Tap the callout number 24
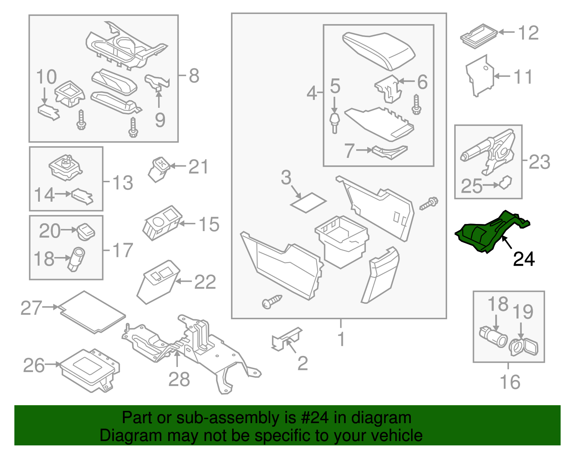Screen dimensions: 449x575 tap(524, 259)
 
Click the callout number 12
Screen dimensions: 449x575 tap(528, 33)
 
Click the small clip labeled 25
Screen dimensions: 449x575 tap(505, 183)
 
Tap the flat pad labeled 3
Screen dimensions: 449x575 tap(308, 202)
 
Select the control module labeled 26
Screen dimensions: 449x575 tap(90, 370)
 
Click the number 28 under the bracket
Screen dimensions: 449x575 tap(179, 379)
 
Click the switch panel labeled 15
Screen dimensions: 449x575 tap(162, 223)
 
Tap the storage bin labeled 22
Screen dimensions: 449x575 tap(157, 282)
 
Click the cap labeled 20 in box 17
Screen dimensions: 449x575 tap(86, 230)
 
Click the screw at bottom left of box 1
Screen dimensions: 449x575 tap(272, 301)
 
